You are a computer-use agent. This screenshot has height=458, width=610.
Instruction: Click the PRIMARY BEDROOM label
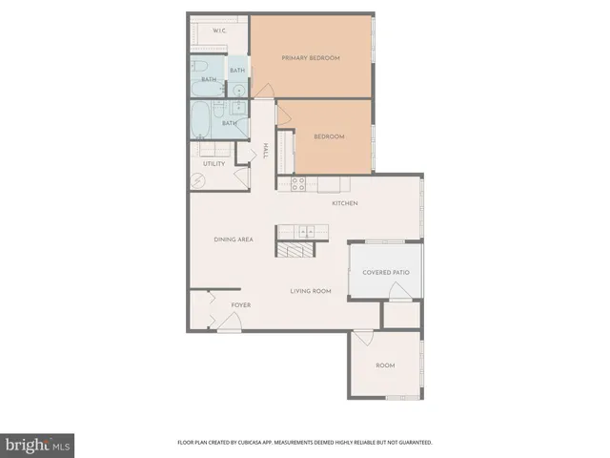311,58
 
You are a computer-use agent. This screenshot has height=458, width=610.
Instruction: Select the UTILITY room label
213,163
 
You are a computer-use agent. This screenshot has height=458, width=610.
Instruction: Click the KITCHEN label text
344,203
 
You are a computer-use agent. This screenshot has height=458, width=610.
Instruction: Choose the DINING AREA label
233,239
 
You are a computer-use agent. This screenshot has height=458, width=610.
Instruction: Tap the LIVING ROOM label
311,290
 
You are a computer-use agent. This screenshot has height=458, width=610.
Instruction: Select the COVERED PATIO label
386,272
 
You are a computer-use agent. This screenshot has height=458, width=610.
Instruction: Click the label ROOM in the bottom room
385,365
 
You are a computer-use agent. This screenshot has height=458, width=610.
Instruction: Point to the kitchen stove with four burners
297,182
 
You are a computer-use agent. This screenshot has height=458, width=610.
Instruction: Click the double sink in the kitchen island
304,231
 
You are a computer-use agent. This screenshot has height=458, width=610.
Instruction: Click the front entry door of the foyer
229,323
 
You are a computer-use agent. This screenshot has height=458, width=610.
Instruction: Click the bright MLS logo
38,445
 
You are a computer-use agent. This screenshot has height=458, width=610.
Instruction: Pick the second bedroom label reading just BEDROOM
329,136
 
